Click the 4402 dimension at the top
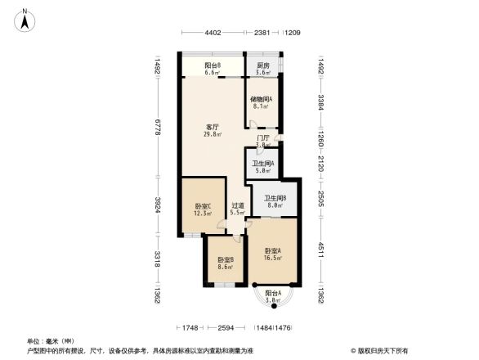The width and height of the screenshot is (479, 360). [x=213, y=33]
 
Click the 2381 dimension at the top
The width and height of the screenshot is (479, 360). [x=263, y=33]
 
